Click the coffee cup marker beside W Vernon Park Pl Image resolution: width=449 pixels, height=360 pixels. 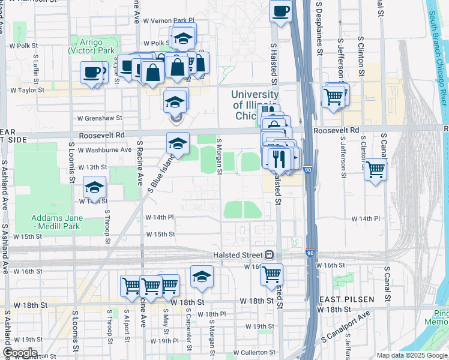(280, 11)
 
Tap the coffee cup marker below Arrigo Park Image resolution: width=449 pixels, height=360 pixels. (92, 73)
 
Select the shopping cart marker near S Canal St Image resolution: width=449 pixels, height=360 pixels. (376, 170)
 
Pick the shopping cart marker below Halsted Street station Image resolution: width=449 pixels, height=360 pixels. (272, 274)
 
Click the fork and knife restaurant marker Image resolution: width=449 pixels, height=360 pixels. (278, 159)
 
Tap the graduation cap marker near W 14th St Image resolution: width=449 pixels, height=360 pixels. (94, 188)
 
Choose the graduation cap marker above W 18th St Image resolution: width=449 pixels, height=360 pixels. (202, 276)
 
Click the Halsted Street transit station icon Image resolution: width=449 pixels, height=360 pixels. (270, 254)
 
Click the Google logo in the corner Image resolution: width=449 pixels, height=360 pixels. (20, 353)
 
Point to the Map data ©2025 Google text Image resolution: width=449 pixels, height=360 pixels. (411, 355)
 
